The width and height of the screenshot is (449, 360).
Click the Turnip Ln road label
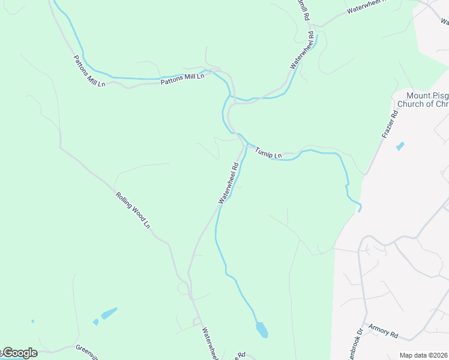point(268,152)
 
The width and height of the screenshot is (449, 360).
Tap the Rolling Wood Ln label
point(133,209)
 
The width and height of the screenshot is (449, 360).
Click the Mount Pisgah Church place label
point(427,100)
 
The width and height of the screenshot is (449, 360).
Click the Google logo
point(19,353)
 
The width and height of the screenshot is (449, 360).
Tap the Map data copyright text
point(424,355)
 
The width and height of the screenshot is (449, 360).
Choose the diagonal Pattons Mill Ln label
point(89,71)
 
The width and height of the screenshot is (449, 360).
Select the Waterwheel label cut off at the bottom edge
point(210,344)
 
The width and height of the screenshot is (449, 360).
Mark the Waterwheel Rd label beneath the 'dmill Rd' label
point(303,52)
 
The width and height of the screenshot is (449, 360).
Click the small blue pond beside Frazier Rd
point(400,146)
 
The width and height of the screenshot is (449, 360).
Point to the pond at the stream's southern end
point(262,329)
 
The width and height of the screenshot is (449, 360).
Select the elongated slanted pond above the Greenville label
point(109,313)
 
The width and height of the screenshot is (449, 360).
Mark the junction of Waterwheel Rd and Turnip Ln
point(246,146)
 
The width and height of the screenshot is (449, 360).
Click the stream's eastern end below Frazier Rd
point(360,208)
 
